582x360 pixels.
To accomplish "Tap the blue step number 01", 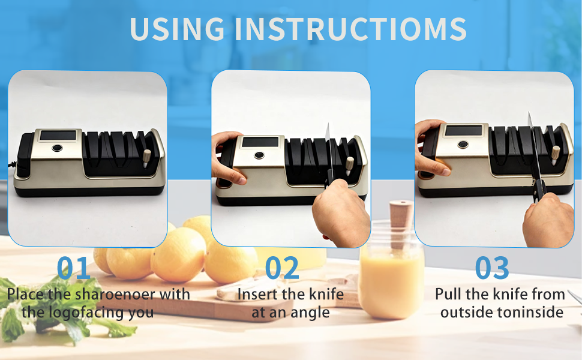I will [x=74, y=269].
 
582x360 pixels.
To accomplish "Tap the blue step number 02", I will [x=282, y=269].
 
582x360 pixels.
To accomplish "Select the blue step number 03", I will [x=492, y=269].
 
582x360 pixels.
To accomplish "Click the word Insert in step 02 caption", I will [x=259, y=295].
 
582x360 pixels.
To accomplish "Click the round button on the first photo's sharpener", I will [x=56, y=149].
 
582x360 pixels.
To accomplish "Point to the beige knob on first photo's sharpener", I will [x=147, y=157].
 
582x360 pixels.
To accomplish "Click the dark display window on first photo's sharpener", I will [x=58, y=135].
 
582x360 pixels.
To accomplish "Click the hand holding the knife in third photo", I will [x=547, y=219].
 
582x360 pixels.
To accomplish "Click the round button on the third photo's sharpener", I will [x=463, y=145].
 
